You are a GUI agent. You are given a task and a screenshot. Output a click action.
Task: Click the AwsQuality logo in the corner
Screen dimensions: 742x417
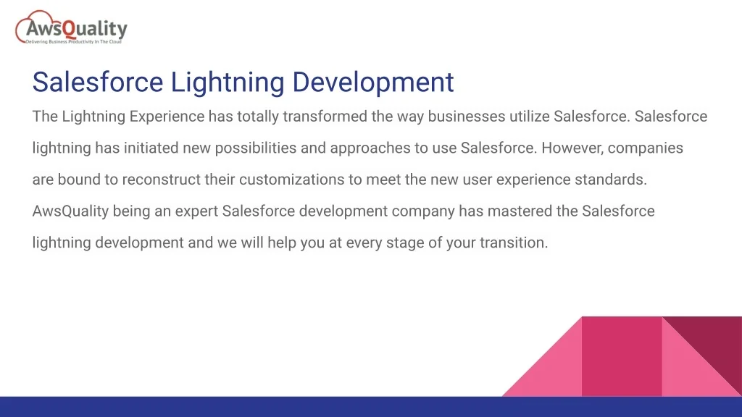coord(71,28)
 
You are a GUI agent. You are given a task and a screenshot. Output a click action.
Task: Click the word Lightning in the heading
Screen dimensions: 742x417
coord(227,83)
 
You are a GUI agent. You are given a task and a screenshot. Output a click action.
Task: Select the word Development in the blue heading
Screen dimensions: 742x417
coord(373,83)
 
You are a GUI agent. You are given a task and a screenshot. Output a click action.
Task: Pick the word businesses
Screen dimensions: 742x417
coord(467,117)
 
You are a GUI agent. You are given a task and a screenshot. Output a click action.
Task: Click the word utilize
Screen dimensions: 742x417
coord(530,117)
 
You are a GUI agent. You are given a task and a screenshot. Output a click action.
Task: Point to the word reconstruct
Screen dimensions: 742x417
coord(162,180)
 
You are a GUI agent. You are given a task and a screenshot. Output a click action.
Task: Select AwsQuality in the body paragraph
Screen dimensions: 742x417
coord(70,211)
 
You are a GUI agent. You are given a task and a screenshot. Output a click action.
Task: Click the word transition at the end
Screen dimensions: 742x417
coord(514,243)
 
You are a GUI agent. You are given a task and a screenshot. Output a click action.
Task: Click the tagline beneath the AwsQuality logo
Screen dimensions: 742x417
coord(73,42)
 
